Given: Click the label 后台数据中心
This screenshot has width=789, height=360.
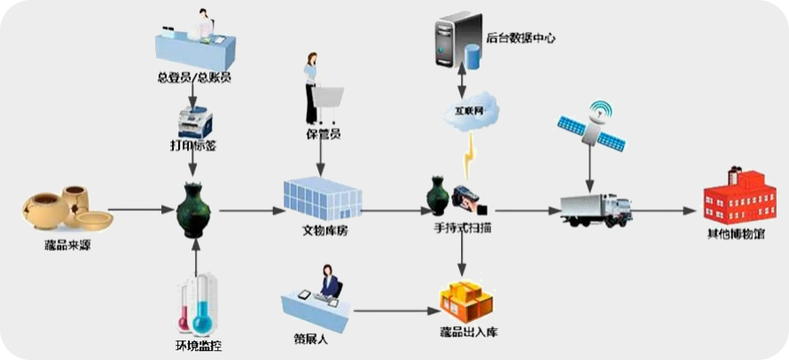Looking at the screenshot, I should pyautogui.click(x=520, y=39).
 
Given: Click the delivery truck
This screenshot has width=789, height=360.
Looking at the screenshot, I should pyautogui.click(x=598, y=208).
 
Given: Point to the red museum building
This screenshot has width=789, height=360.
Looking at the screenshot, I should pyautogui.click(x=732, y=195).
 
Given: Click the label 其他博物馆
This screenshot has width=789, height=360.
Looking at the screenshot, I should pyautogui.click(x=732, y=234).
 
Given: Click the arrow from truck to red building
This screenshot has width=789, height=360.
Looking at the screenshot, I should pyautogui.click(x=664, y=211).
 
